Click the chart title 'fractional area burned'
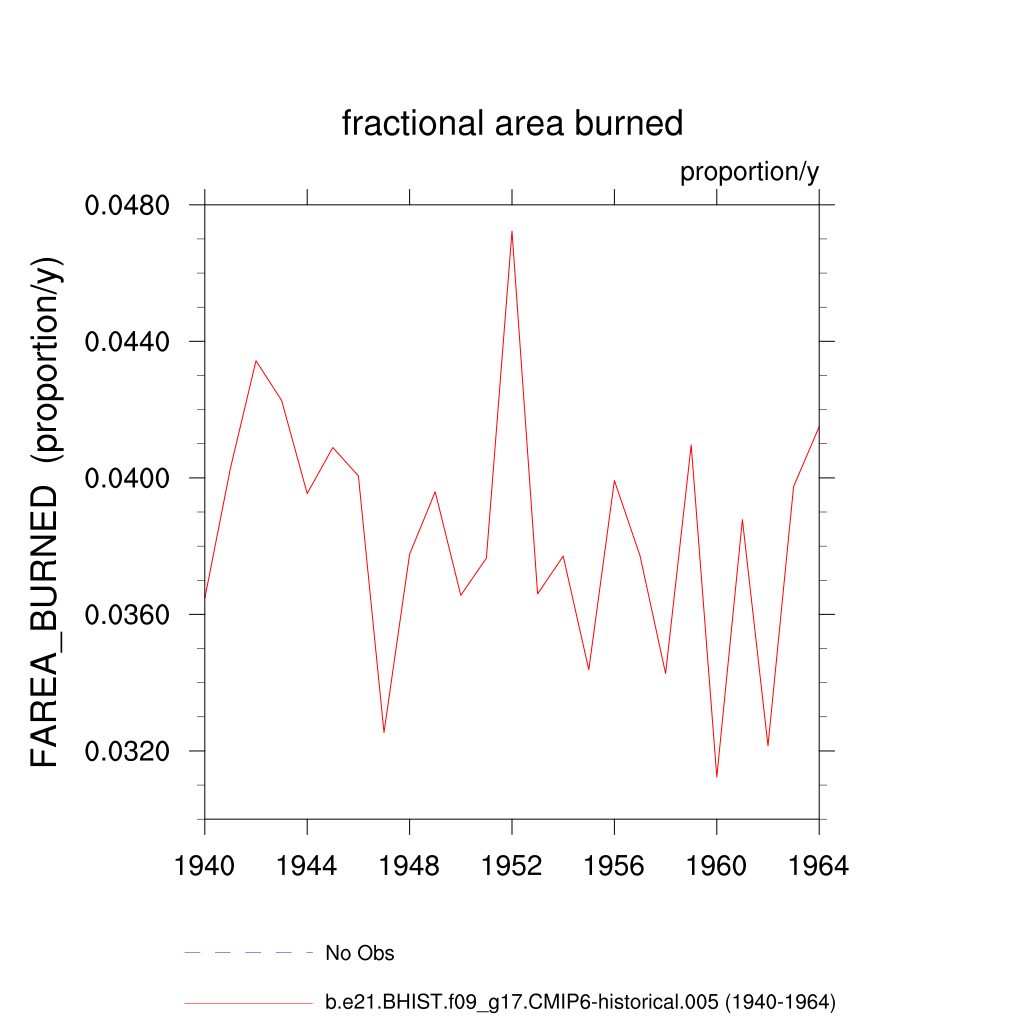tap(512, 123)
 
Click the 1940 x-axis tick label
tap(205, 866)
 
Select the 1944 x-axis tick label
tap(307, 866)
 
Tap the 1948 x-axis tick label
tap(410, 866)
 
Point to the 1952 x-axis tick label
tap(512, 866)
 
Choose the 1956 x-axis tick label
tap(614, 866)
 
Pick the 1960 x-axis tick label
tap(717, 866)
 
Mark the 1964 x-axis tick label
tap(819, 866)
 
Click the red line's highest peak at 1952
tap(512, 231)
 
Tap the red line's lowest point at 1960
tap(717, 777)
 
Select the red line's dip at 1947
tap(384, 733)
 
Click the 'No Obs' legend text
tap(360, 953)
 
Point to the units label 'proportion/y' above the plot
tap(749, 172)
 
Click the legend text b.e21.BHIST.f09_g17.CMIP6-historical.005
tap(580, 1001)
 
